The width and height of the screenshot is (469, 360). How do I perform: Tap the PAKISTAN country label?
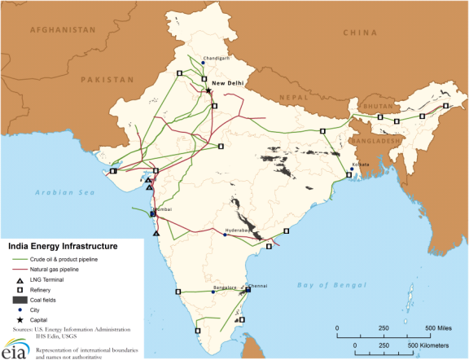[x=107, y=80]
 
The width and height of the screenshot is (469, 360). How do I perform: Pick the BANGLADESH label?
[x=378, y=141]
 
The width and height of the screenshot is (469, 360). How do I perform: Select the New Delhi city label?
[x=227, y=83]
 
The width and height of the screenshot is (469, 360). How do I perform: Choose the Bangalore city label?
[x=224, y=288]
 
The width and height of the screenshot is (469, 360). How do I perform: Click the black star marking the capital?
[x=208, y=90]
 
